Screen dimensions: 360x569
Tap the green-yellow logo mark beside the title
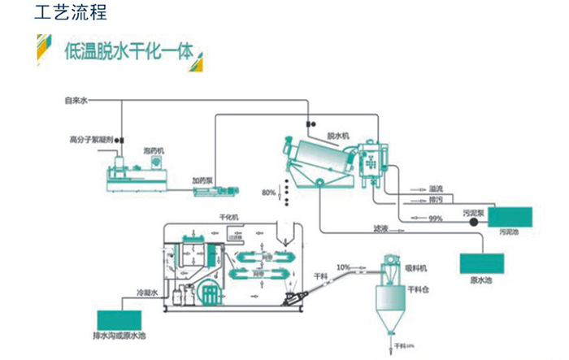coord(42,50)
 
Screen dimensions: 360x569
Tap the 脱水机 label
coord(337,135)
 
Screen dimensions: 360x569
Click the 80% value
coord(268,192)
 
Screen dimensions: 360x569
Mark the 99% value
coord(436,218)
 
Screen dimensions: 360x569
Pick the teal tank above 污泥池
coord(510,216)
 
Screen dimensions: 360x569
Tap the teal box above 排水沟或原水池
coord(119,321)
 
